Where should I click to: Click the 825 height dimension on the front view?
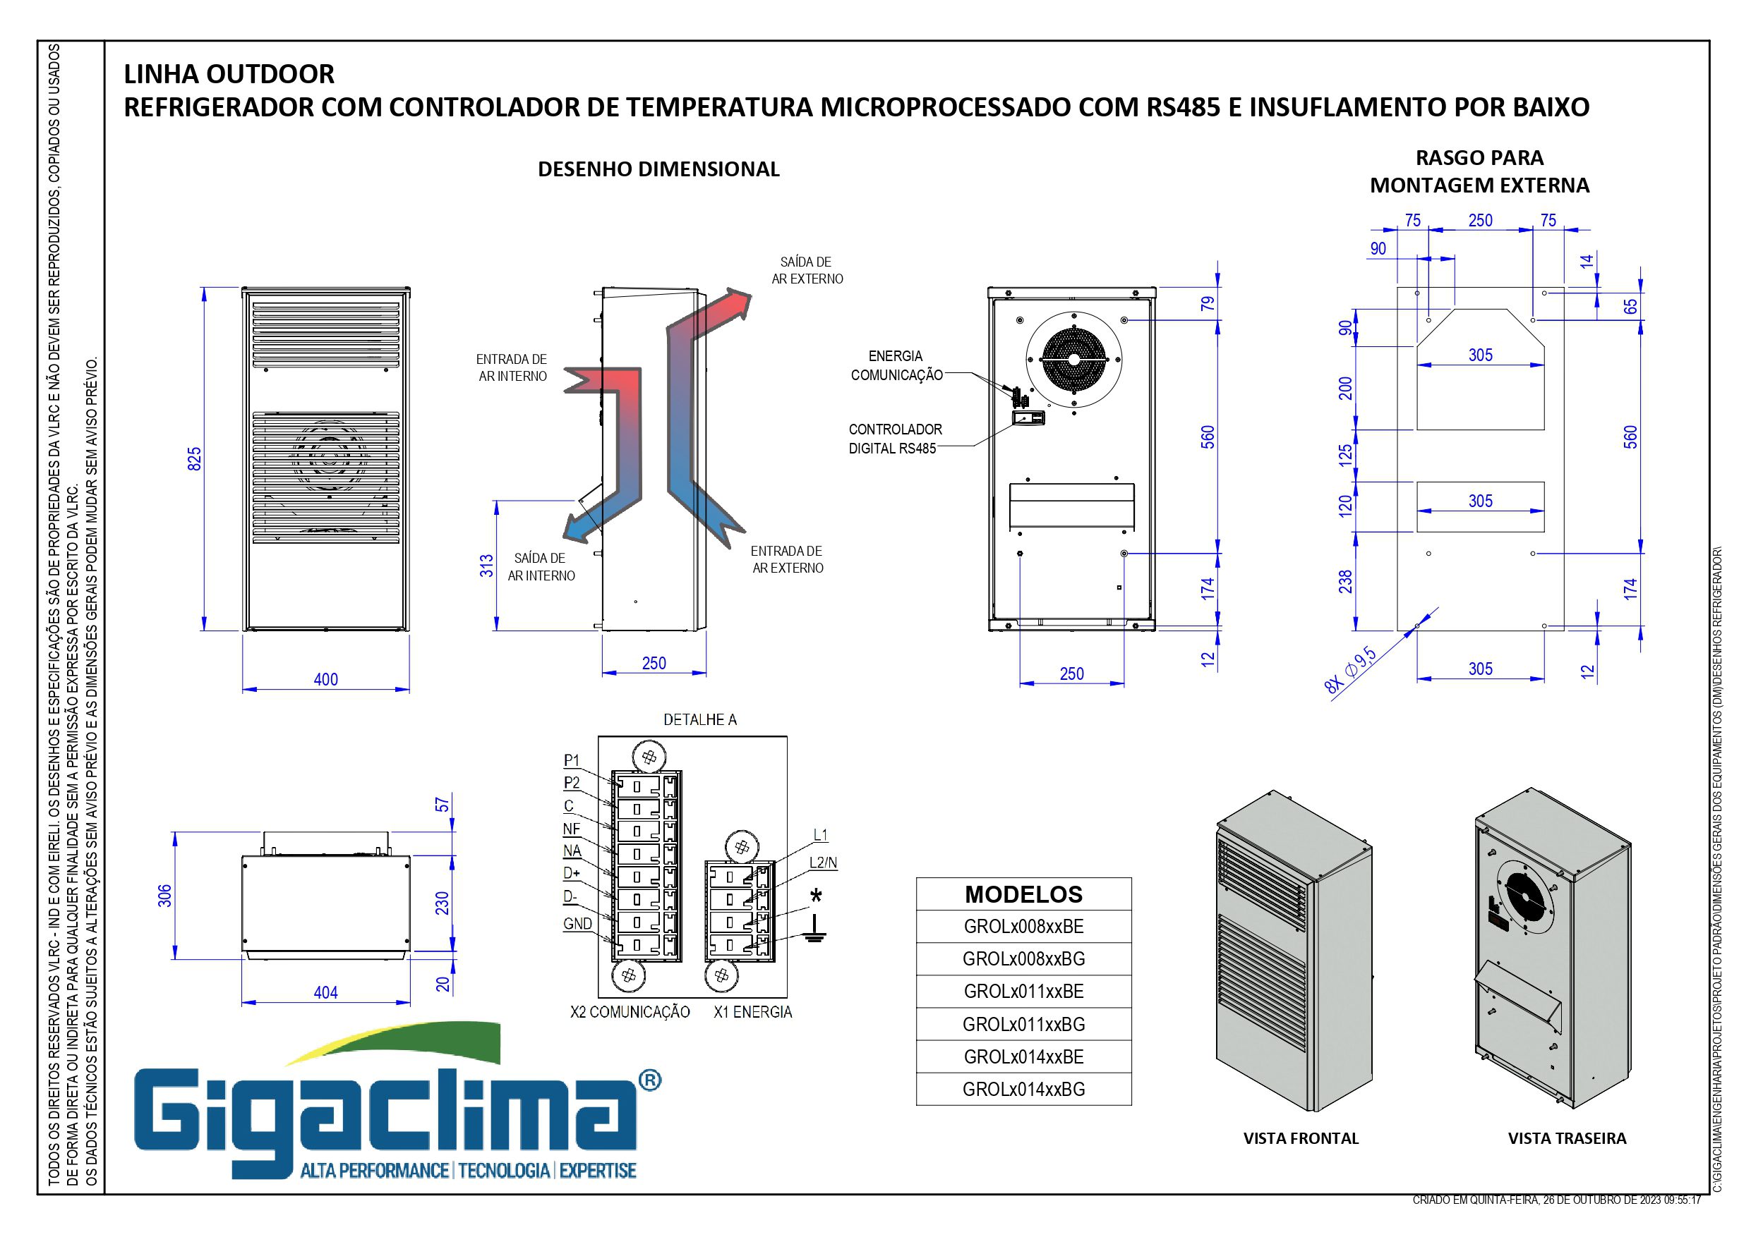click(195, 459)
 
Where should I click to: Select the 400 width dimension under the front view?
click(325, 679)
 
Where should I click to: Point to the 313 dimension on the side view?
click(486, 566)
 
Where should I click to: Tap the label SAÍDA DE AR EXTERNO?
click(807, 271)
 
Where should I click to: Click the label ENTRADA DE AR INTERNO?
click(512, 367)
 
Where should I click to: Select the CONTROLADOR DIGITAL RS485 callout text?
click(895, 439)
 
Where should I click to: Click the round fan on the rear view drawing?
click(1073, 359)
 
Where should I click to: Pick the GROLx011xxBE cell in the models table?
click(1023, 992)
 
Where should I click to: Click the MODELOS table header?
click(1023, 894)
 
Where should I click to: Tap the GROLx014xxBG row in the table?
click(1023, 1089)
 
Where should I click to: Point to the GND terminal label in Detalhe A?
click(577, 924)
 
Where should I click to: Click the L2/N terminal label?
click(823, 863)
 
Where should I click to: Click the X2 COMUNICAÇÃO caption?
click(630, 1012)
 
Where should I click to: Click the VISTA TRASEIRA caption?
click(1567, 1139)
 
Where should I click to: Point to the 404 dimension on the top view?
click(325, 992)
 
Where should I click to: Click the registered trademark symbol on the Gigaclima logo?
click(649, 1080)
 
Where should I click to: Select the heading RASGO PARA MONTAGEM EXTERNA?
click(1479, 171)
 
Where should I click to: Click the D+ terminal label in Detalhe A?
click(571, 872)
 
